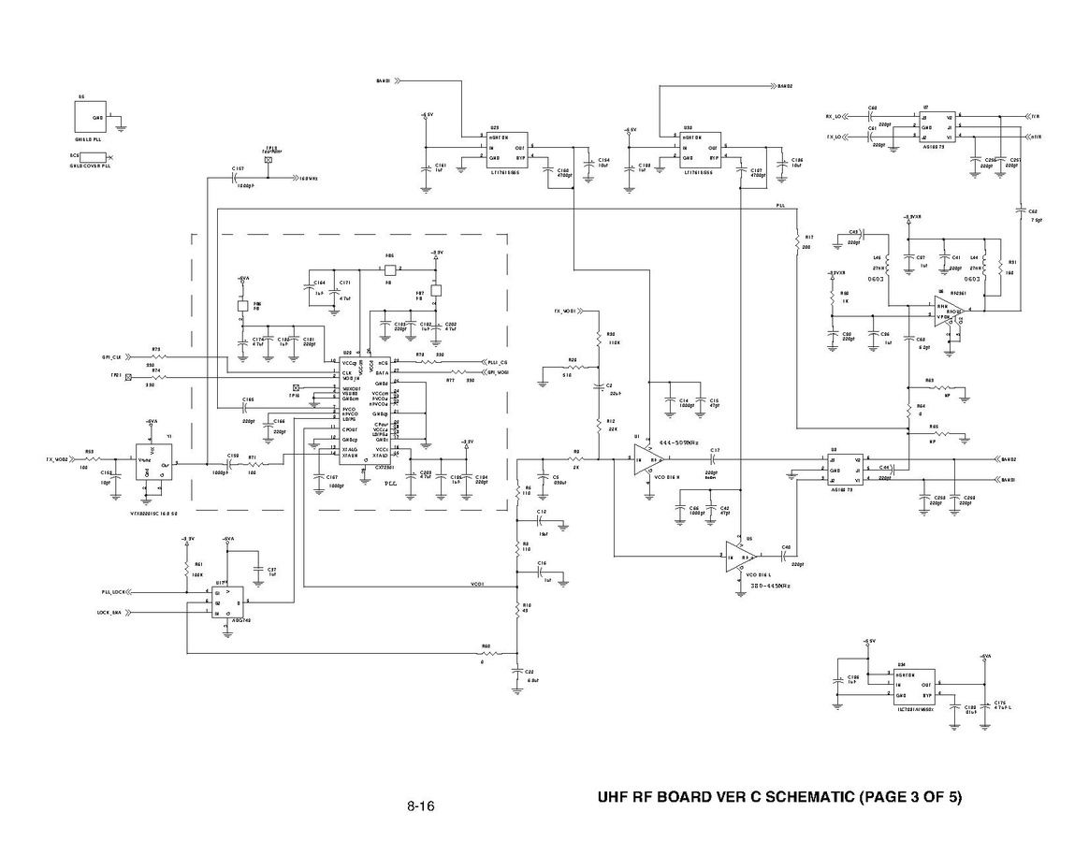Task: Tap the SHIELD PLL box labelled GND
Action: coord(93,118)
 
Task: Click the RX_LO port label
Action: coord(834,117)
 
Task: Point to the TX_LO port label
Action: coord(834,138)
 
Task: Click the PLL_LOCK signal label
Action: coord(113,593)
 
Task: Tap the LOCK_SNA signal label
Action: coord(109,613)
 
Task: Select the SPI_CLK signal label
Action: coord(111,357)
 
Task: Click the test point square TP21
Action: coord(128,375)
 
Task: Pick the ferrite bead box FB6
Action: coord(391,268)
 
